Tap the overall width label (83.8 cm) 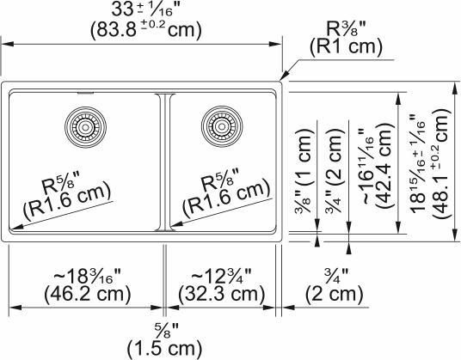144,29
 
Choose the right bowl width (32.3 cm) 223,295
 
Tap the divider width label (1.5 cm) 164,350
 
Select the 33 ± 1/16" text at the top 144,10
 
